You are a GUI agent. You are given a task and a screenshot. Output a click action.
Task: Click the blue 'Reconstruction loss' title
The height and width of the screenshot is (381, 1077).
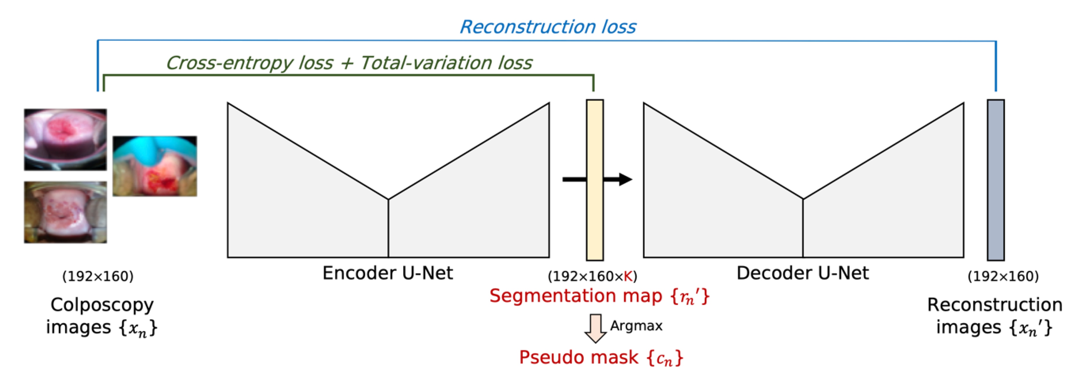coord(548,27)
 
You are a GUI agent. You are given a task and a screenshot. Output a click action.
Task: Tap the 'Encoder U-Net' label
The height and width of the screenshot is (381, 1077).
coord(388,273)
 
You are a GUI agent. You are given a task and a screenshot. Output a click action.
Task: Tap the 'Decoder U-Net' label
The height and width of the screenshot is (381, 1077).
coord(802,273)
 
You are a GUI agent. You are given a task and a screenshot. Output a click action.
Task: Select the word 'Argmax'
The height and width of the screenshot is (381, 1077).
coord(636,326)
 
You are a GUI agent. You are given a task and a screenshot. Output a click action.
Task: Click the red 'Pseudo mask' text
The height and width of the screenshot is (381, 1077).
coord(579,357)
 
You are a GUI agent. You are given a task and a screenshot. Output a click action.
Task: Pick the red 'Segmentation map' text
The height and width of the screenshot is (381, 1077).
coord(576,296)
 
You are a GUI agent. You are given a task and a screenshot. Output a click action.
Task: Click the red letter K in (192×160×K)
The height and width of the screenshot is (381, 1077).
coord(628,276)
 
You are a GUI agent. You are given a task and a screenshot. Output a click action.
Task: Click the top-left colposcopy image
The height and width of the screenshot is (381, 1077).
coord(65,139)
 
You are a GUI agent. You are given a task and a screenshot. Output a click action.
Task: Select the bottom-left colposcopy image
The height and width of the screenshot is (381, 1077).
coord(65,212)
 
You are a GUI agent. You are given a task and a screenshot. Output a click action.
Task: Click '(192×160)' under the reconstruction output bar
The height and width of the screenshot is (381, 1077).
coord(1003,276)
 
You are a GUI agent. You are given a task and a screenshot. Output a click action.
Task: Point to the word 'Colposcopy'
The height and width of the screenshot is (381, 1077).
coord(102,305)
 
